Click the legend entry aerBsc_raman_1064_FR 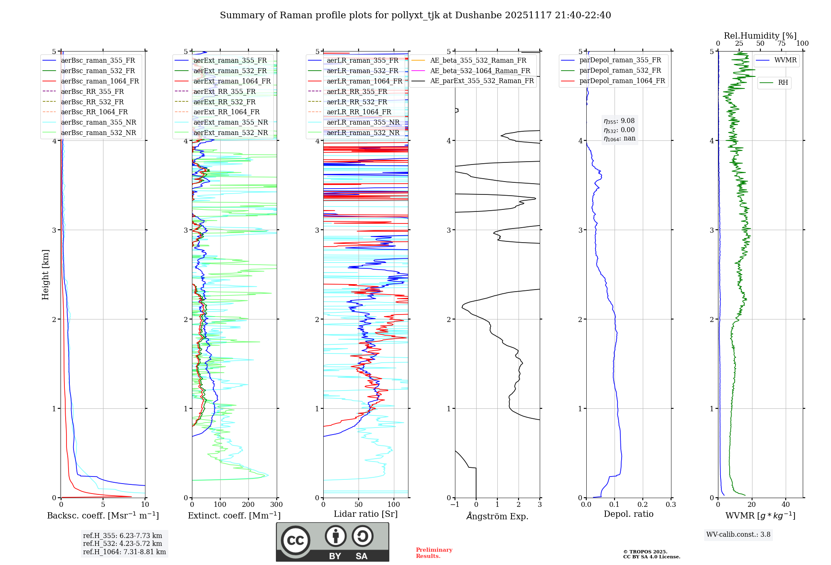point(100,81)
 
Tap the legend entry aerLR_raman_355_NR point(363,122)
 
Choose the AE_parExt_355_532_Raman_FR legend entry point(482,81)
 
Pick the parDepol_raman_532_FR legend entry point(620,70)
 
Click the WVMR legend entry point(785,60)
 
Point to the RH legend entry point(783,83)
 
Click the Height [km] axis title point(45,275)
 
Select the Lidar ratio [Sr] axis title point(366,514)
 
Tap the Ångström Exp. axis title point(497,516)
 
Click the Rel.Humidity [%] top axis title point(760,36)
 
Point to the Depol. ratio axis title point(628,514)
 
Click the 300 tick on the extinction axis point(276,505)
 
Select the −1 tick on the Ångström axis point(455,505)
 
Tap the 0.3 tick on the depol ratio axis point(671,505)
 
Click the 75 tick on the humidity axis point(781,44)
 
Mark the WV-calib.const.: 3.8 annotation point(738,535)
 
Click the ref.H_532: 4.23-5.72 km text point(123,543)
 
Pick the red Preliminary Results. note point(434,553)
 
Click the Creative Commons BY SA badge point(332,542)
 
